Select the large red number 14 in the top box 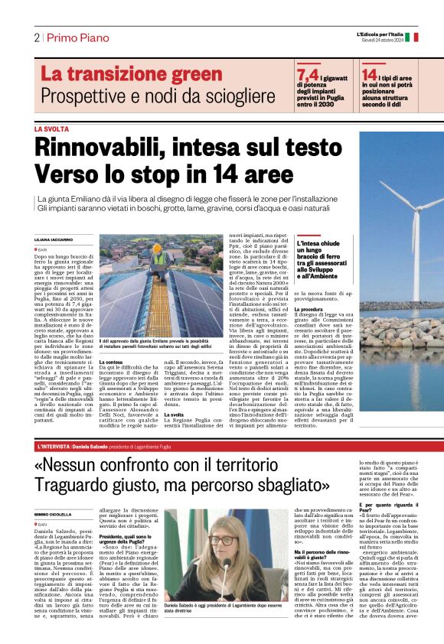coord(369,75)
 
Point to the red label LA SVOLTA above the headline coord(51,129)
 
